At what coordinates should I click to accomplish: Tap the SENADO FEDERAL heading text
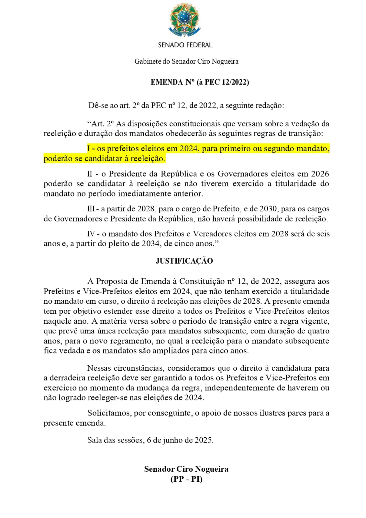point(185,45)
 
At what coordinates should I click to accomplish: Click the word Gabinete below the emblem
point(147,62)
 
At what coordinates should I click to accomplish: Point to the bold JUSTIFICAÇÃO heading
point(184,261)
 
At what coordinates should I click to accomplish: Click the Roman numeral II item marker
point(90,174)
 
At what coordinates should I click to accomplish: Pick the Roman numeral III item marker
point(91,209)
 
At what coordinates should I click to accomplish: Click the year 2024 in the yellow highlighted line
point(188,149)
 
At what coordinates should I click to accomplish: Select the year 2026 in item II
point(320,174)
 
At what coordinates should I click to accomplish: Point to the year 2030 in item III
point(268,209)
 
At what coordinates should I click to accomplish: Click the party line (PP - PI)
point(186,479)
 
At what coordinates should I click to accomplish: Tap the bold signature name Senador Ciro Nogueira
point(186,469)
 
